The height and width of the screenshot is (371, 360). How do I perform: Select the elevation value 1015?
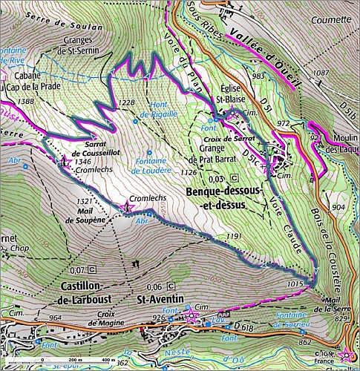click(x=295, y=283)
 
